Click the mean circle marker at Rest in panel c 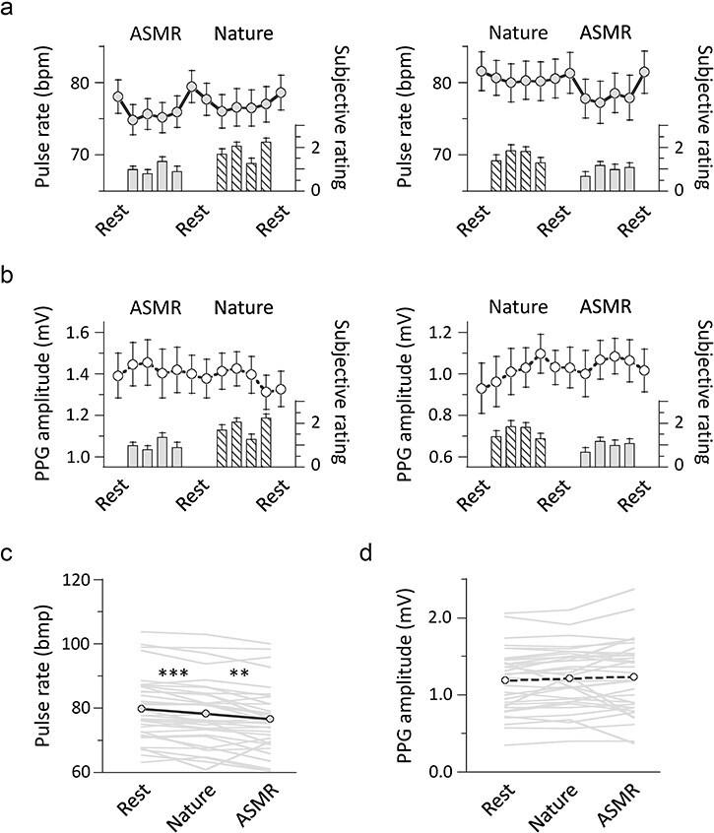(x=142, y=709)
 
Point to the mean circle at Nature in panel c (x=206, y=714)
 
